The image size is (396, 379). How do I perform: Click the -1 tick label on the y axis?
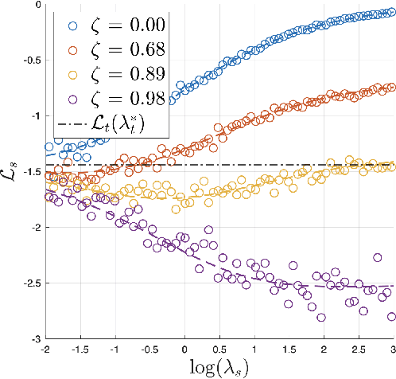pyautogui.click(x=35, y=116)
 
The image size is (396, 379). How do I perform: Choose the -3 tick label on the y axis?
pyautogui.click(x=35, y=338)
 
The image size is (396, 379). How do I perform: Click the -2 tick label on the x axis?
pyautogui.click(x=47, y=348)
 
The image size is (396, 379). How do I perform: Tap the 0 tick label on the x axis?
pyautogui.click(x=185, y=348)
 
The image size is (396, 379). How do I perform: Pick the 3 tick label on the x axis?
pyautogui.click(x=392, y=348)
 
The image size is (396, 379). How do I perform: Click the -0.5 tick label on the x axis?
pyautogui.click(x=149, y=348)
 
